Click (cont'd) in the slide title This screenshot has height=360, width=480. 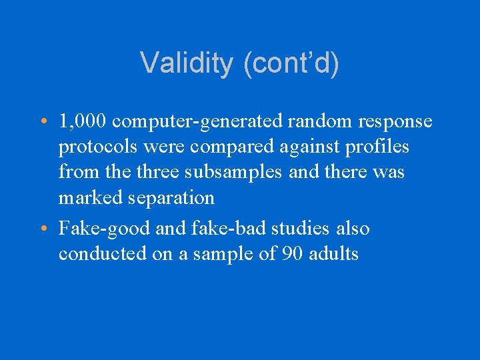tap(291, 64)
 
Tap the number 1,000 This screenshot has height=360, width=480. tap(83, 121)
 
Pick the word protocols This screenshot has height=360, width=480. tap(100, 147)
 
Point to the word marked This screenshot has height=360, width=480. tap(90, 197)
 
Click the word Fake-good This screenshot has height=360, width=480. tap(104, 229)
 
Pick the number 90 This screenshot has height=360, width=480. tap(291, 253)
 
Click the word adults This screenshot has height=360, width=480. tap(334, 253)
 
